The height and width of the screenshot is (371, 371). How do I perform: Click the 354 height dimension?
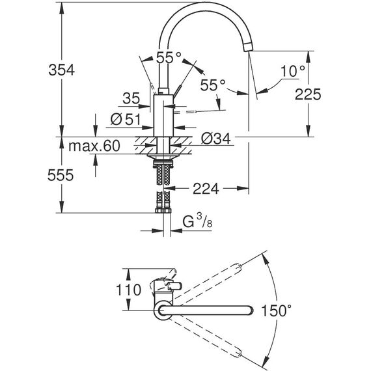62,70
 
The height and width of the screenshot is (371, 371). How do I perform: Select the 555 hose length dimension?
61,175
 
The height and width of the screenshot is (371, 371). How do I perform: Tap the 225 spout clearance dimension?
308,94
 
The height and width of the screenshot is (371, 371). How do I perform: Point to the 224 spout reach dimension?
206,189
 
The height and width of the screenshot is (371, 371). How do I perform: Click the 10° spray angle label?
293,71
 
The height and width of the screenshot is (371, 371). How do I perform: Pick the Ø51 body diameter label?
126,119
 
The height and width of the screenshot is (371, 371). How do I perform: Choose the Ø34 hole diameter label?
216,139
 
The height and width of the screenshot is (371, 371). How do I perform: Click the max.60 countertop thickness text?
94,146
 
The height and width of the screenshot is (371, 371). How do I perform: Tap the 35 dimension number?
131,98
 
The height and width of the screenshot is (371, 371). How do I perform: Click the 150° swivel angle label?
277,310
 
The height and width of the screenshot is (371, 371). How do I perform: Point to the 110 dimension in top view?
128,290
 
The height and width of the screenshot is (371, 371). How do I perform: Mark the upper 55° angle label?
169,57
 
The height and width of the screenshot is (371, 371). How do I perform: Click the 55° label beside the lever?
213,85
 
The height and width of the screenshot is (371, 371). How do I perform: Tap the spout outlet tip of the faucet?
248,47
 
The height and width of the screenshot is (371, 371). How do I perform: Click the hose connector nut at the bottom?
163,210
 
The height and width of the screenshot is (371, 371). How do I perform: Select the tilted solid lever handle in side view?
178,91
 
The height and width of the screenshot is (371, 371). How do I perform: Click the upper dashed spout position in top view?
208,283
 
